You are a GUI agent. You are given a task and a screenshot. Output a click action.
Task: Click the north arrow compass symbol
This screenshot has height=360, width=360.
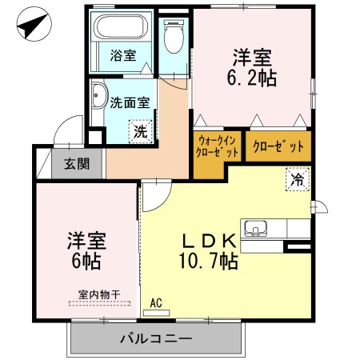[x=34, y=23]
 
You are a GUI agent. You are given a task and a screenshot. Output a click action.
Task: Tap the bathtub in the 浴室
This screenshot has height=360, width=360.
[x=122, y=26]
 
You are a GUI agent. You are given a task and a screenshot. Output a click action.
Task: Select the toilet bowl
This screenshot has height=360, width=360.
[x=174, y=37]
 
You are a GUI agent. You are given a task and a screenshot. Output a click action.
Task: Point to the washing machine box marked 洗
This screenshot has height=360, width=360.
[x=141, y=131]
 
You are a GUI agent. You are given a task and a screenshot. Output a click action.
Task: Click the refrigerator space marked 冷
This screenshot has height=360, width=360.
[x=298, y=179]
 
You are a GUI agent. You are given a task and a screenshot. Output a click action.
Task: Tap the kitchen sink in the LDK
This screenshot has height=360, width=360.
[x=255, y=228]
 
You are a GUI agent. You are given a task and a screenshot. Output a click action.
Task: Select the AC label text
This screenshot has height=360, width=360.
[x=156, y=303]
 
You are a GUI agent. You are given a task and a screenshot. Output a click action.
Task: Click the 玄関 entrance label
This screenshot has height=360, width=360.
[x=77, y=164]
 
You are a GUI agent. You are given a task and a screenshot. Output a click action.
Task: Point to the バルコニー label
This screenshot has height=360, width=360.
[x=156, y=338]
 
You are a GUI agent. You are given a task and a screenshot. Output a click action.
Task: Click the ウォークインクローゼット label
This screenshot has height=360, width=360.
[x=217, y=146]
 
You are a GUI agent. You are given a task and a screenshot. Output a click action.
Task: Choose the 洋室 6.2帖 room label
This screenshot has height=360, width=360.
[x=252, y=67]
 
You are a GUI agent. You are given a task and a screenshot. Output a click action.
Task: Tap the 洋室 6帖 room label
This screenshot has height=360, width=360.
[x=86, y=251]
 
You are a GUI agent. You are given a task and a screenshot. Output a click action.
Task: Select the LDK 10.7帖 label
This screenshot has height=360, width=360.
[x=209, y=251]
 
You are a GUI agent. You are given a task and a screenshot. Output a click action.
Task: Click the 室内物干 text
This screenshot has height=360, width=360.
[x=99, y=294]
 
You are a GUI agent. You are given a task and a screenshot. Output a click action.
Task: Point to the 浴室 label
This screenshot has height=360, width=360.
[x=123, y=55]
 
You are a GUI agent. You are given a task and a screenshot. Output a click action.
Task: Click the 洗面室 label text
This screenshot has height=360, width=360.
[x=130, y=102]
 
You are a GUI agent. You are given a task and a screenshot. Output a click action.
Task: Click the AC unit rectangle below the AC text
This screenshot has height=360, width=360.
[x=156, y=313]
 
